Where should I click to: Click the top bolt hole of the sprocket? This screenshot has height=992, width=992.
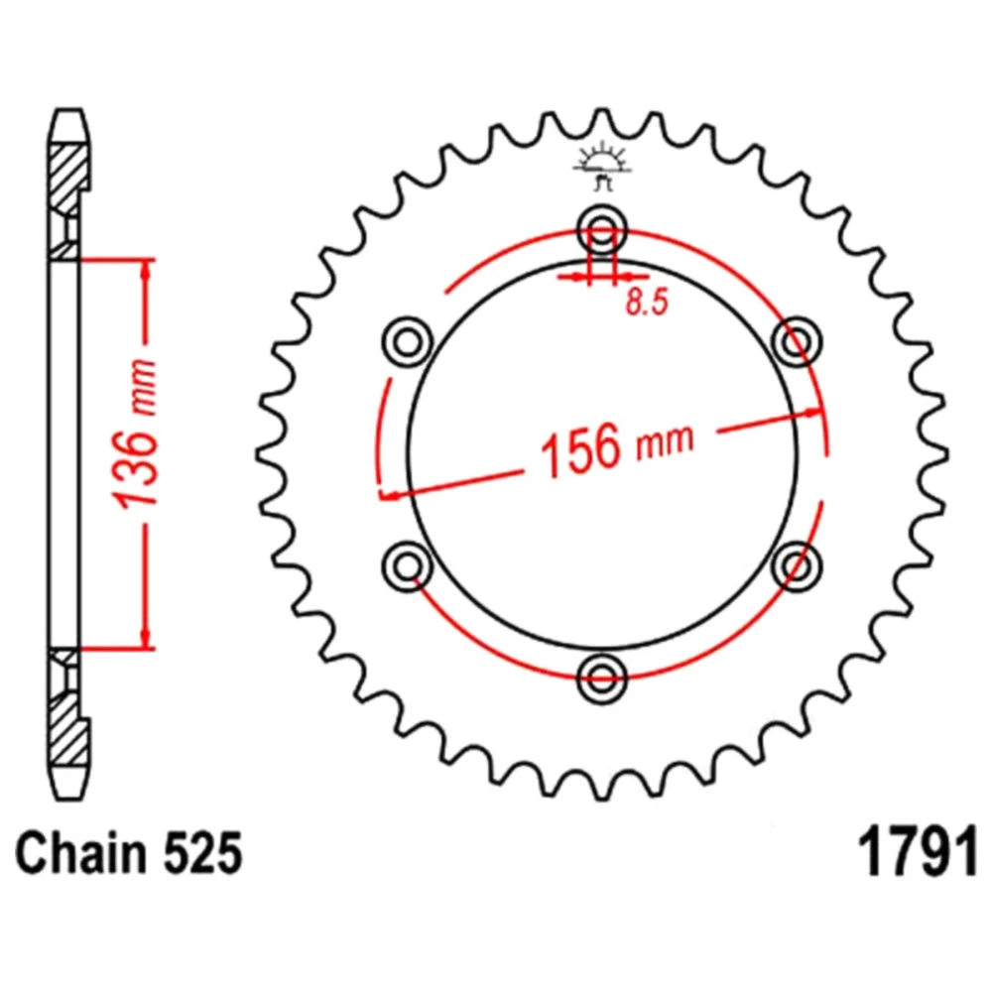click(602, 229)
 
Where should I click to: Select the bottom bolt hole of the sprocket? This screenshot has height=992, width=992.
click(602, 679)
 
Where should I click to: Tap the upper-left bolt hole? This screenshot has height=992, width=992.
click(408, 342)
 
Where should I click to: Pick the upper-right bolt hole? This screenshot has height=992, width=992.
click(798, 342)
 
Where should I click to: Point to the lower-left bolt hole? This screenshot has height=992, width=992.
click(408, 565)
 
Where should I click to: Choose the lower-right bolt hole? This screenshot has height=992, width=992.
click(798, 565)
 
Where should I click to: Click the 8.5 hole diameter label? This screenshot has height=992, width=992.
click(647, 302)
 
